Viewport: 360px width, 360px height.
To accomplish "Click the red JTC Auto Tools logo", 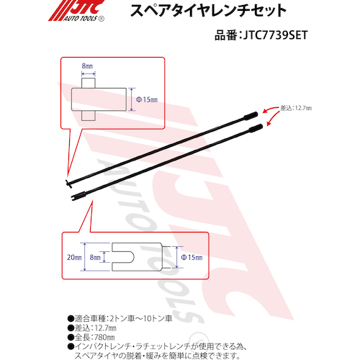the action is (76, 11).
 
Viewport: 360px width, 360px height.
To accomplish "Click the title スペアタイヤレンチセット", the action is (208, 10).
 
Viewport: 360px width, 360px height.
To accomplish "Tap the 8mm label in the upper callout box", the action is (87, 66).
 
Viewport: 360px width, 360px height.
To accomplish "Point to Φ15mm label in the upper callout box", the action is (147, 99).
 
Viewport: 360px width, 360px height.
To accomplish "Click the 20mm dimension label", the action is (74, 257).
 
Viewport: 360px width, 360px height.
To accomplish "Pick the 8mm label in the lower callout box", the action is (95, 257).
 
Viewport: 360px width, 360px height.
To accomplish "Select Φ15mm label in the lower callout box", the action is (192, 257).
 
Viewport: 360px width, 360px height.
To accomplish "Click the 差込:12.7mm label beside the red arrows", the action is (296, 108).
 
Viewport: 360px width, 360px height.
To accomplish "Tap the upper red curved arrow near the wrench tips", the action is (271, 109).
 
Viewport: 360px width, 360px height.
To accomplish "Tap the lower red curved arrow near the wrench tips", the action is (273, 119).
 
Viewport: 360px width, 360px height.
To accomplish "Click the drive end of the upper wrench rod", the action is (251, 115).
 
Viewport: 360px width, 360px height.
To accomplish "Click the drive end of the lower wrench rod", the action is (256, 127).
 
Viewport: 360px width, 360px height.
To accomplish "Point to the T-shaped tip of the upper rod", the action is (68, 183).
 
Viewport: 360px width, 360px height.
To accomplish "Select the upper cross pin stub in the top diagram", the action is (89, 83).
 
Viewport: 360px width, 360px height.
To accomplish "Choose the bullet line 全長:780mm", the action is (91, 337).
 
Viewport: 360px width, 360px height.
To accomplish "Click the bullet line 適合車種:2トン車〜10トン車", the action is (120, 318).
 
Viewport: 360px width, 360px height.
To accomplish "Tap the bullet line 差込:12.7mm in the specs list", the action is (92, 328).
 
